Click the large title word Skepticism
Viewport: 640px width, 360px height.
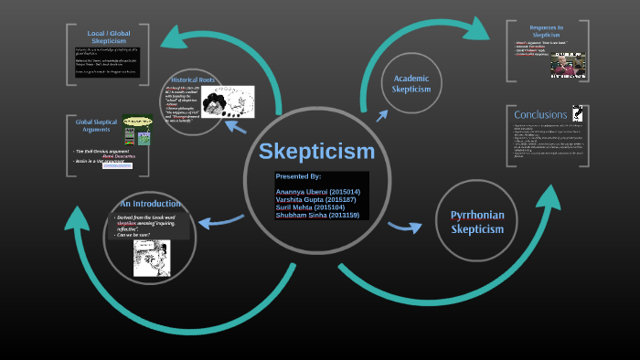click(x=316, y=151)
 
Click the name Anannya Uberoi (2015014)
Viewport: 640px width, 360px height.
click(x=317, y=192)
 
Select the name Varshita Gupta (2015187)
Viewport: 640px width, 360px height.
click(x=315, y=199)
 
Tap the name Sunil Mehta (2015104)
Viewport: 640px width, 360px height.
click(x=310, y=207)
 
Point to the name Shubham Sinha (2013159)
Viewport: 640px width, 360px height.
click(x=316, y=215)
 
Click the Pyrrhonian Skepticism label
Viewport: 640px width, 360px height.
click(x=477, y=221)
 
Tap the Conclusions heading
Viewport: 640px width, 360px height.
click(x=540, y=115)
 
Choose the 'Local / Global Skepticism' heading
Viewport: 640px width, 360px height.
click(x=107, y=37)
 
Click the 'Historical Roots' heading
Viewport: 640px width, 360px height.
click(x=195, y=80)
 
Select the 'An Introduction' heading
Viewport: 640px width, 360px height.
click(x=150, y=203)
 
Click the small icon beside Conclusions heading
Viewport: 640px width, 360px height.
click(x=577, y=113)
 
